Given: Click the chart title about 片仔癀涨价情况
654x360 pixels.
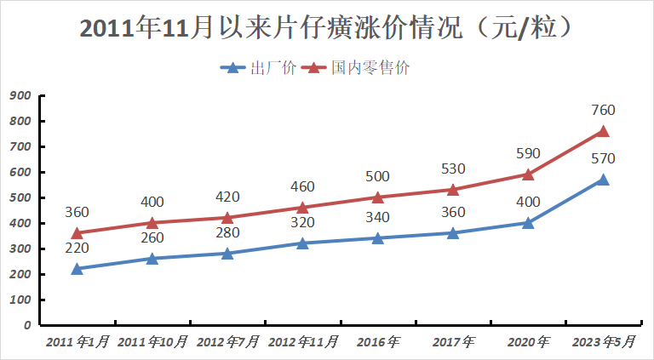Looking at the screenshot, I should pos(326,27).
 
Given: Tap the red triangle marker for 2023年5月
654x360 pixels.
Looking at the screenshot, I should pos(603,131).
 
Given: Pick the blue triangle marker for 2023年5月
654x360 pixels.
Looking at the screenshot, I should pos(603,180).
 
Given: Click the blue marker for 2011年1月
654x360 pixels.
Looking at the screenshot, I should pos(77,269).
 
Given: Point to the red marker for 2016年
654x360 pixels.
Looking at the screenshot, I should pos(377,197).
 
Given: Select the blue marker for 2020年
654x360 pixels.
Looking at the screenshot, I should pos(528,223).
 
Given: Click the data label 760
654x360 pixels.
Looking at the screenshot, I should pos(603,110).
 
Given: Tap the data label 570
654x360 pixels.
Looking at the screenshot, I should pos(603,158).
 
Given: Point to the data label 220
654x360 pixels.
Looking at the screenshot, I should pos(77,248).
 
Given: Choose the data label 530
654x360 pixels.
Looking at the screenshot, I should pos(452,169).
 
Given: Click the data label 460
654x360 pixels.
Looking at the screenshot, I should pos(302,186).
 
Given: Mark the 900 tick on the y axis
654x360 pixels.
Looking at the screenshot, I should pos(21,95).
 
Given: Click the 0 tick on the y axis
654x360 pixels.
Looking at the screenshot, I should pos(28,325).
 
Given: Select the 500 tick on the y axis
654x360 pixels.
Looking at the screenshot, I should pos(21,197).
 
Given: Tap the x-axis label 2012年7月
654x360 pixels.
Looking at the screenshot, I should pos(228,342).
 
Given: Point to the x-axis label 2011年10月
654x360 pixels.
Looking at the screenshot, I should pos(152,342).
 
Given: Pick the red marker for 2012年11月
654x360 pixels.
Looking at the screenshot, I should pos(302,208).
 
